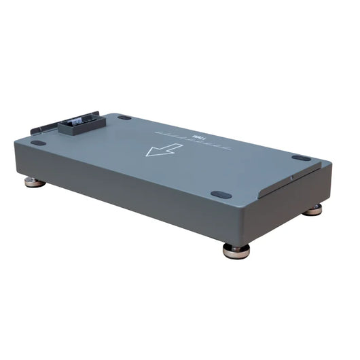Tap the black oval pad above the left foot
coord(39,143)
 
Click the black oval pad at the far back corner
coord(124,118)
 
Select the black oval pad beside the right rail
coord(301,158)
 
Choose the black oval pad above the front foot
coord(221,194)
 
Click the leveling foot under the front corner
coord(236,250)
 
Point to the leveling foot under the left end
coord(35,181)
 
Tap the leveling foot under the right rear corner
coord(312,210)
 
